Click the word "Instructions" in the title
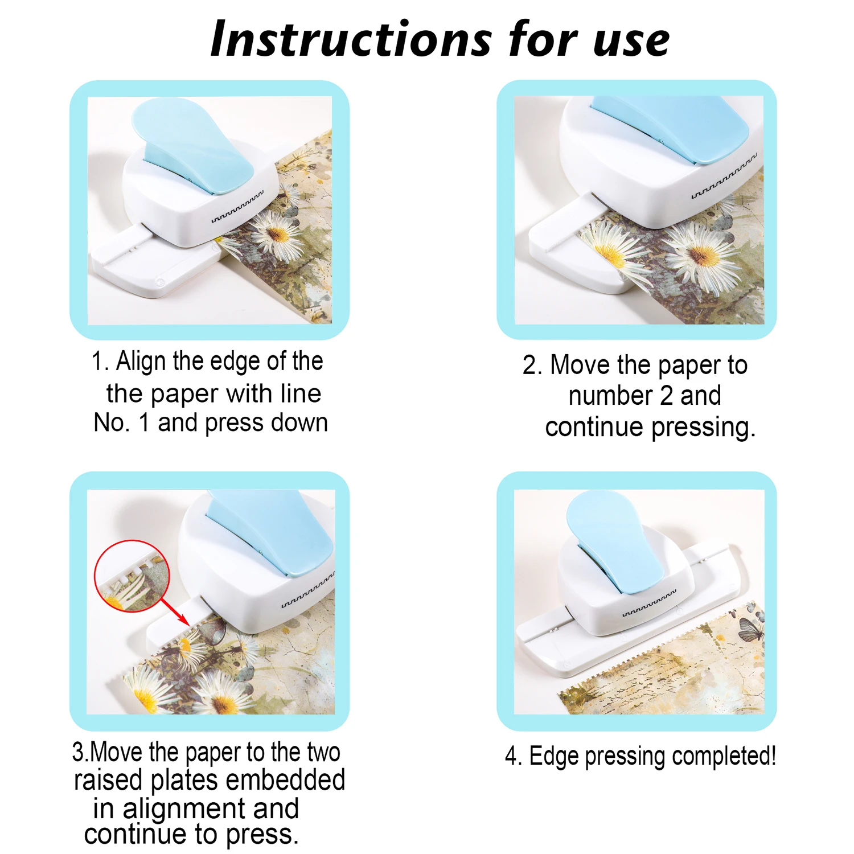pyautogui.click(x=351, y=39)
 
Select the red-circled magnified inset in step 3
pyautogui.click(x=132, y=576)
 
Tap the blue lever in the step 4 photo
pyautogui.click(x=615, y=541)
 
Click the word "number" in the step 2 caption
pyautogui.click(x=610, y=395)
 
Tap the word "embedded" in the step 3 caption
pyautogui.click(x=285, y=779)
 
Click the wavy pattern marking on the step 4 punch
pyautogui.click(x=650, y=603)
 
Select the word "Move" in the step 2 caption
pyautogui.click(x=580, y=365)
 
